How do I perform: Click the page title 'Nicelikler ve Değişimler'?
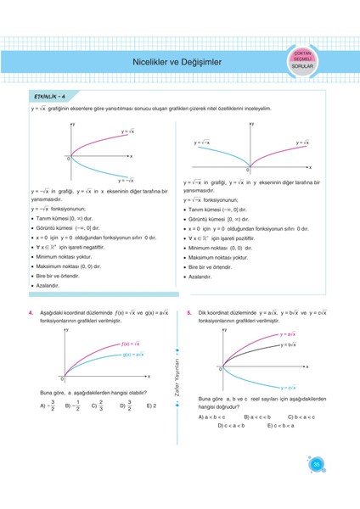coord(171,61)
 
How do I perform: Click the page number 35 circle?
coord(317,464)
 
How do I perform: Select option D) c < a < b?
coord(231,426)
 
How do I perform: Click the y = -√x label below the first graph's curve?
coord(127,180)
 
